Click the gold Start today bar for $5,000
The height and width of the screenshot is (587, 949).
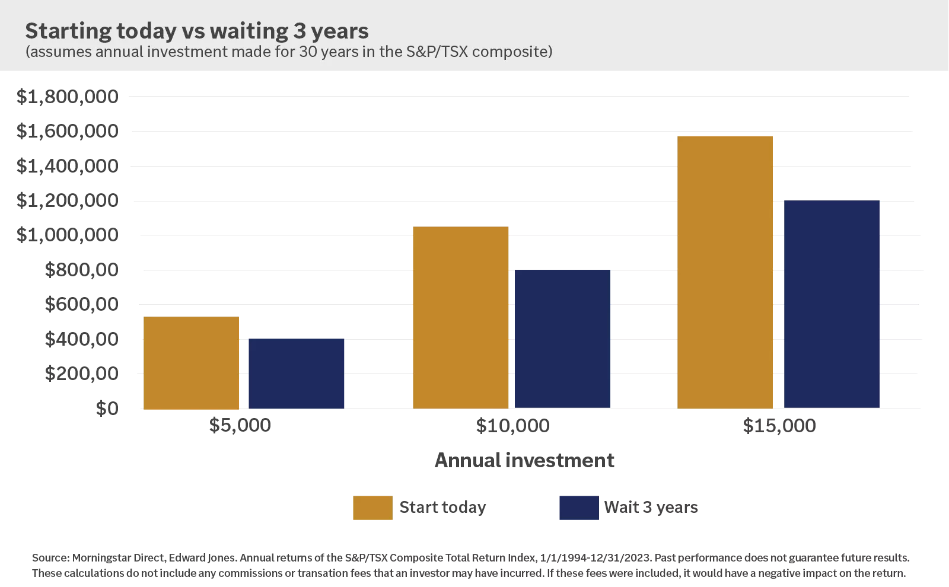191,363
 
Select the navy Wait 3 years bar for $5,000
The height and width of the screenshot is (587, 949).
296,374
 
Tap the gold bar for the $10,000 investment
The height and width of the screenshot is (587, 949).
460,317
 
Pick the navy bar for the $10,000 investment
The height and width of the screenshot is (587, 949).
562,339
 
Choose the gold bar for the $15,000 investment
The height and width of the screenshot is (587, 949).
725,272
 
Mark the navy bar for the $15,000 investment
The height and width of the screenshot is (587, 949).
832,304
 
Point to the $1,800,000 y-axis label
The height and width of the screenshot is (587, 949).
67,97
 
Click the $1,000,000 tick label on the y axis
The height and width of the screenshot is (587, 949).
67,235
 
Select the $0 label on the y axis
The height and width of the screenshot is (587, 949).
107,409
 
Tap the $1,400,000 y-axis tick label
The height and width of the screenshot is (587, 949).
67,166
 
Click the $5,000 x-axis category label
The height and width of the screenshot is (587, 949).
240,425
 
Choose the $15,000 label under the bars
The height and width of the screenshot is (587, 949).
779,425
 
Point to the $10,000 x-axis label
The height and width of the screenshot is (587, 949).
512,425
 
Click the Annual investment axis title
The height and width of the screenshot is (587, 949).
524,460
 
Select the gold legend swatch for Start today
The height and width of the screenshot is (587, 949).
372,508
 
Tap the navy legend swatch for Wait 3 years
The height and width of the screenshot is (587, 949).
579,508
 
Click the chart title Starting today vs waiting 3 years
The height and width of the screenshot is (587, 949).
196,31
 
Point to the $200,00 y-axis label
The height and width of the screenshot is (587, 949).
81,374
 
